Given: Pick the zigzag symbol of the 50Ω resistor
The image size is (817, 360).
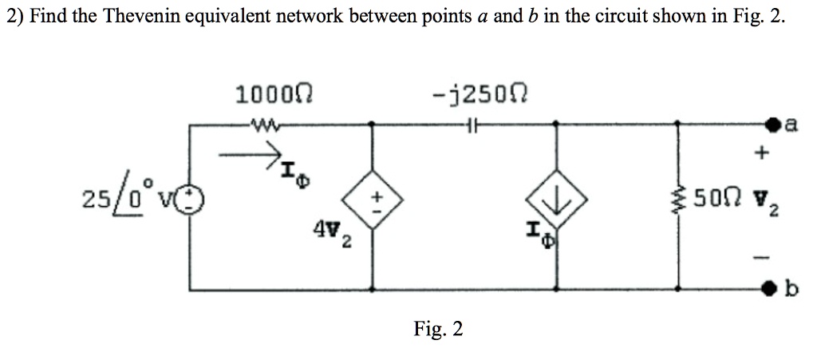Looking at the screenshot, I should coord(679,196).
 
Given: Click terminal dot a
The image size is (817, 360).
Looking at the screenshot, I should coord(773,125).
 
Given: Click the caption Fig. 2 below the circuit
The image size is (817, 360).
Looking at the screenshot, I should coord(437,328).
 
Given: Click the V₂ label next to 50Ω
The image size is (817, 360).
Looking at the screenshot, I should coord(757,197).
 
